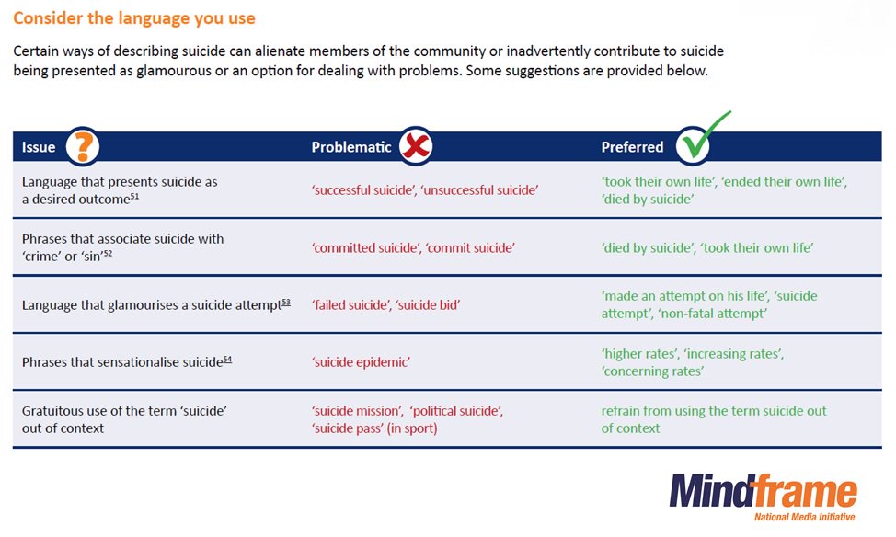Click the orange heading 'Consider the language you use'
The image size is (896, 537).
click(134, 18)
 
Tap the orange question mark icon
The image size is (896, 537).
click(82, 146)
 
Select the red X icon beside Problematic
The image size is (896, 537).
click(415, 146)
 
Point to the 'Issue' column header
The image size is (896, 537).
click(39, 147)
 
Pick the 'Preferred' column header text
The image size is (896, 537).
click(632, 147)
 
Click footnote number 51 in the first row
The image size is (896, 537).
click(134, 196)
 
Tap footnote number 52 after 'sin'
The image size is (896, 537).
click(107, 253)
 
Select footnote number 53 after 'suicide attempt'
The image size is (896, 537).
click(285, 302)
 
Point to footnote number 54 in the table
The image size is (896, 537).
click(226, 359)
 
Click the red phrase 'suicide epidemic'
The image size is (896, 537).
click(361, 362)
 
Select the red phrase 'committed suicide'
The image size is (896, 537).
click(362, 247)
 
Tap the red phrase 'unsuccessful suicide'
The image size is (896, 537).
click(479, 189)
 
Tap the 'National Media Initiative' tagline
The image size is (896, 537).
click(804, 517)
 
